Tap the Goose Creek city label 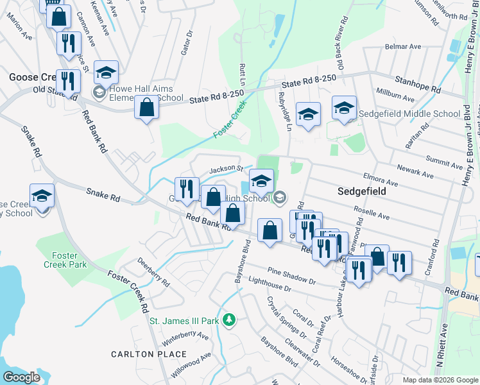click(x=33, y=77)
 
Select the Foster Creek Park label click(x=65, y=259)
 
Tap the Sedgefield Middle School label click(x=411, y=114)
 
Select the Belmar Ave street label click(x=402, y=47)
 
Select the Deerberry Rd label click(x=153, y=272)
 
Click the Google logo click(x=22, y=377)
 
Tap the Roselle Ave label click(x=372, y=212)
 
